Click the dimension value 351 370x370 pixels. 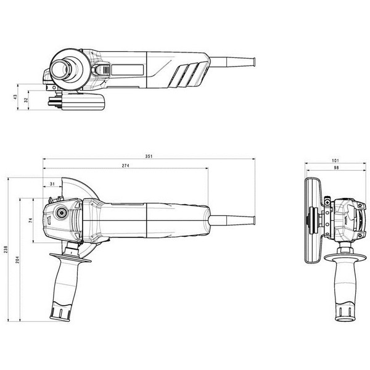click(x=149, y=157)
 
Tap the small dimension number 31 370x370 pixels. click(x=52, y=183)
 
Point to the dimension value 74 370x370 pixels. click(x=30, y=220)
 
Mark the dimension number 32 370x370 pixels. click(x=25, y=101)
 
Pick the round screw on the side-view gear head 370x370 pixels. click(x=62, y=213)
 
